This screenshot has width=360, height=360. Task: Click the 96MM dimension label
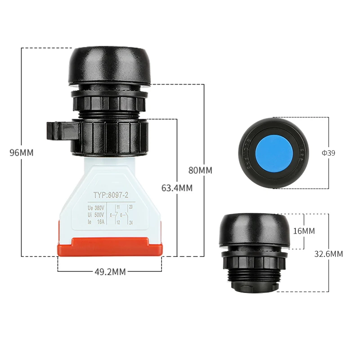point(22,153)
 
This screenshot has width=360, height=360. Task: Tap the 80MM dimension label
point(200,171)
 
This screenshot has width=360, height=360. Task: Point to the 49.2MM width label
point(110,271)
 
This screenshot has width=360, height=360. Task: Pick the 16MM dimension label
point(304,231)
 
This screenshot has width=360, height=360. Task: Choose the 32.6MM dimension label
point(328,254)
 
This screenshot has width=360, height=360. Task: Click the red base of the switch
point(109,246)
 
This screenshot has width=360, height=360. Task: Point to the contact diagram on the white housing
point(122,215)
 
